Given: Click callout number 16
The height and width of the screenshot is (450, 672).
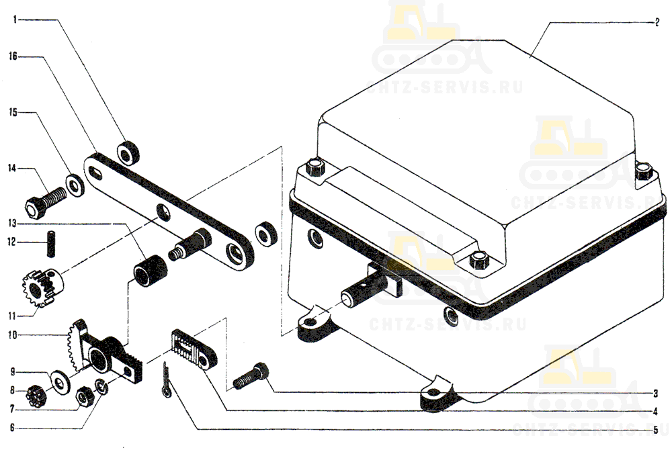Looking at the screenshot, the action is click(13, 56).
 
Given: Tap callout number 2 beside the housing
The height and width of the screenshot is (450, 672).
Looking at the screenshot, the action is click(657, 22).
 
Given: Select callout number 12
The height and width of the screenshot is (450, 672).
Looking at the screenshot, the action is click(11, 242).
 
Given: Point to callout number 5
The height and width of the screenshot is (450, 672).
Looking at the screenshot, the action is click(656, 431).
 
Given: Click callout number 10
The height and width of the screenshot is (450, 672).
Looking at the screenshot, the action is click(12, 335).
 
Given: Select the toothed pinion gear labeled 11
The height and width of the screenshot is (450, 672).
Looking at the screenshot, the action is click(42, 285).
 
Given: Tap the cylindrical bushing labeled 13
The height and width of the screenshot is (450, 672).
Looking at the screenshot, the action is click(150, 271).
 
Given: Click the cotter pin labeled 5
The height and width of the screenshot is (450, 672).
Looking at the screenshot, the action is click(167, 379).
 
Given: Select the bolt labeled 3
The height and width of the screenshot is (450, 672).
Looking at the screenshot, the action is click(251, 376).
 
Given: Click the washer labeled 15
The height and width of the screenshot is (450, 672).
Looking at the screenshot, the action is click(75, 185).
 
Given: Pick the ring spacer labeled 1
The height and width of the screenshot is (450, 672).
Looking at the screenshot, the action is click(128, 152).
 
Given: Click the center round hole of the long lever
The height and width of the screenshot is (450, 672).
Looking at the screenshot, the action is click(163, 212).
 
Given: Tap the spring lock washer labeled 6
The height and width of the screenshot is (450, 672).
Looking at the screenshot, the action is click(101, 386).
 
